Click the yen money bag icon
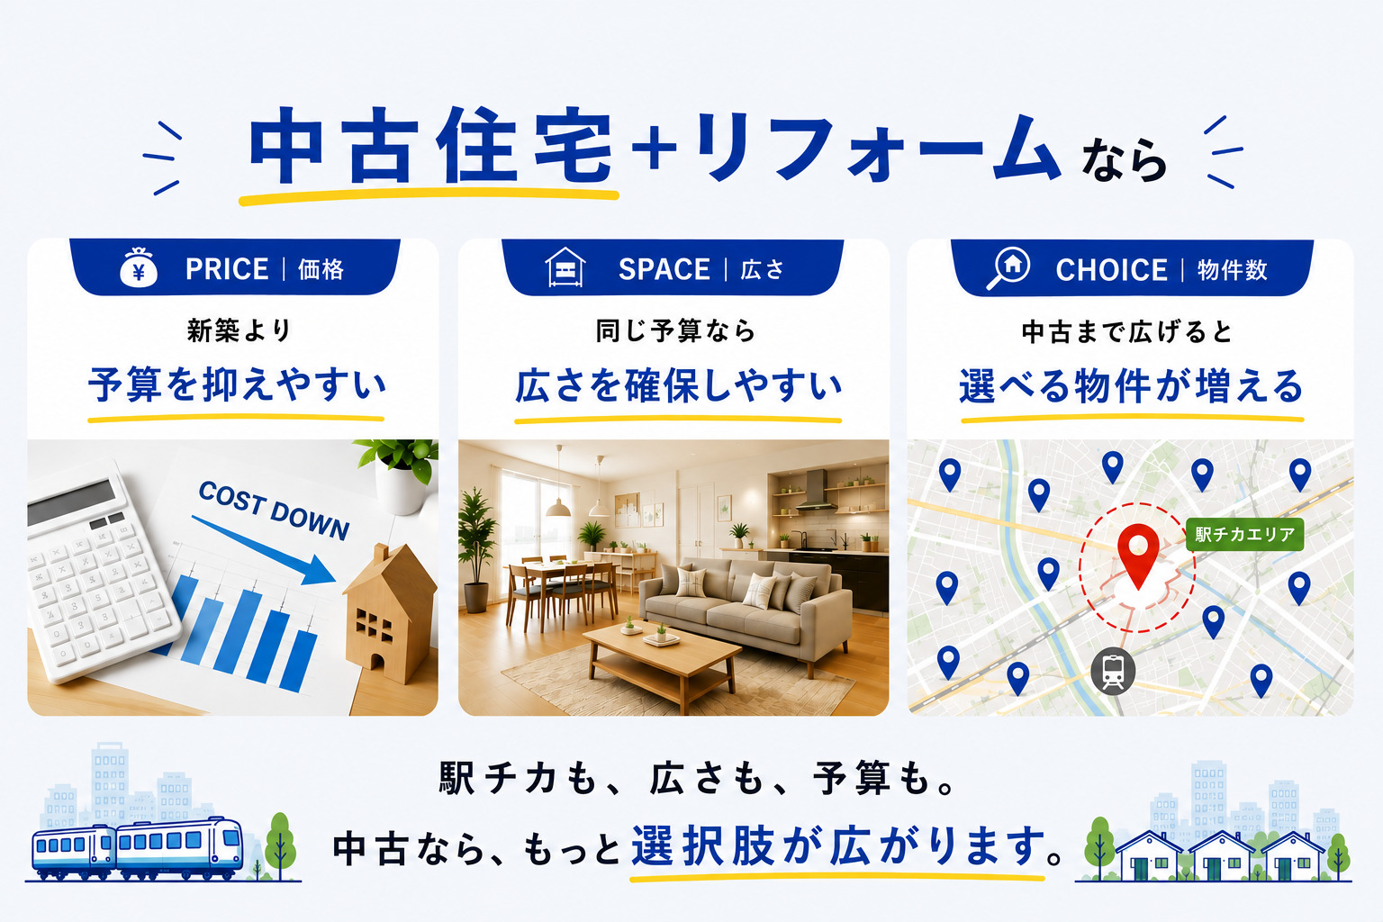[139, 267]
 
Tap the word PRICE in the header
[227, 269]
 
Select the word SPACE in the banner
[664, 270]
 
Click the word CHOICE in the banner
[1111, 270]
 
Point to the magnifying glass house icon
[1008, 268]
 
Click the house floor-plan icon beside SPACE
[565, 267]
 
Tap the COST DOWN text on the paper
[274, 511]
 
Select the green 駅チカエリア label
[1244, 534]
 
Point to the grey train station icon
[1113, 672]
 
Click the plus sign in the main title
[655, 147]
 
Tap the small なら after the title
[1124, 160]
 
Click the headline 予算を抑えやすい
[237, 384]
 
